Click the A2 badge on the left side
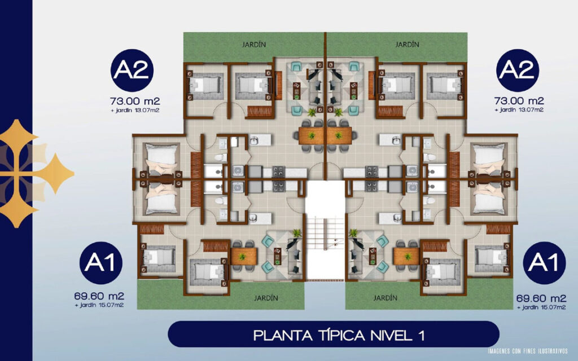(132, 71)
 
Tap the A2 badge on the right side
(518, 71)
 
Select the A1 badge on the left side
(101, 263)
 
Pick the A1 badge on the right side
(544, 263)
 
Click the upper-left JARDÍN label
(254, 45)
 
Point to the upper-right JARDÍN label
(408, 45)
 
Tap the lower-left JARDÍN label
(266, 298)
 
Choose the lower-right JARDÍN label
(385, 298)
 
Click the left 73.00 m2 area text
(135, 101)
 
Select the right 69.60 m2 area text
(541, 298)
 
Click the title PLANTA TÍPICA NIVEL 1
(339, 335)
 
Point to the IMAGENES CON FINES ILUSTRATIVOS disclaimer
(528, 351)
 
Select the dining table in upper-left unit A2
(312, 136)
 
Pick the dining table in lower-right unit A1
(406, 256)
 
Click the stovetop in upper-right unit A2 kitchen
(371, 171)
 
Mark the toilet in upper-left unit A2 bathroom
(221, 158)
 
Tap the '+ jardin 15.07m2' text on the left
(99, 305)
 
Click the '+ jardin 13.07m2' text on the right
(519, 110)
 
